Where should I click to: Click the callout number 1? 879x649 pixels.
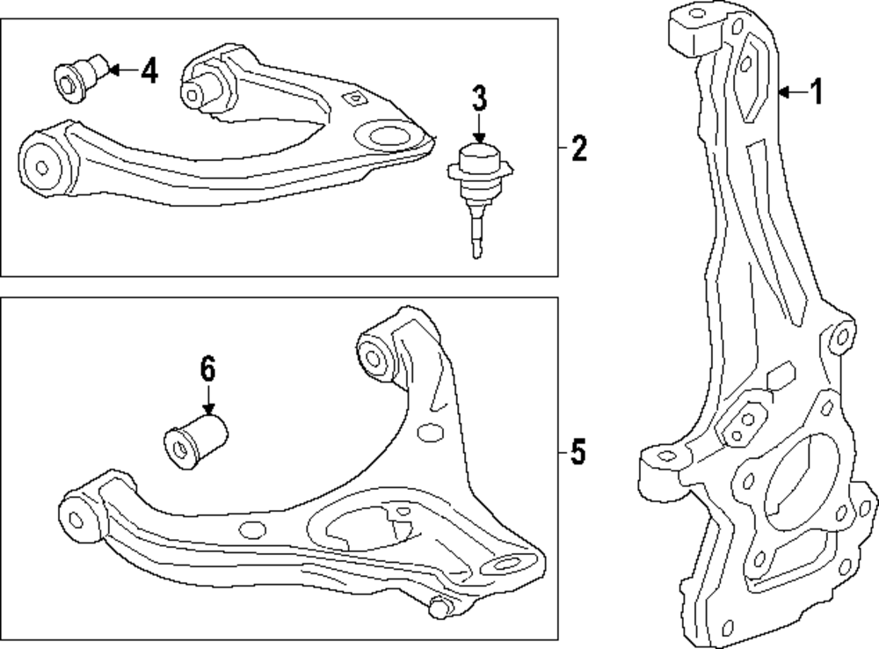[817, 91]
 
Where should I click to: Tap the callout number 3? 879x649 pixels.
[478, 98]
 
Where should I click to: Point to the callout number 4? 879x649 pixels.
[149, 70]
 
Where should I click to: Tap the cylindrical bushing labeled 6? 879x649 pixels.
[196, 441]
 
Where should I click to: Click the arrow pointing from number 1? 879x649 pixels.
[791, 91]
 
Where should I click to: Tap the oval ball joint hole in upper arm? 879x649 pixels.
[388, 136]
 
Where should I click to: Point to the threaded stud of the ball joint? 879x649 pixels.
[476, 230]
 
